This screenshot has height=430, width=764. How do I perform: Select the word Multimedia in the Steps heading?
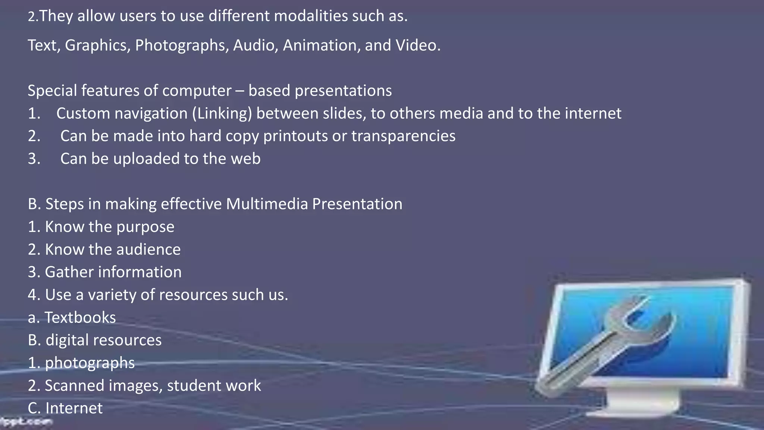[x=267, y=204]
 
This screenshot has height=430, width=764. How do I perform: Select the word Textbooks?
[x=80, y=318]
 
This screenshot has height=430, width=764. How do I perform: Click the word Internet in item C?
[x=73, y=408]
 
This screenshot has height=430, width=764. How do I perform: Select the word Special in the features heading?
[x=52, y=91]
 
